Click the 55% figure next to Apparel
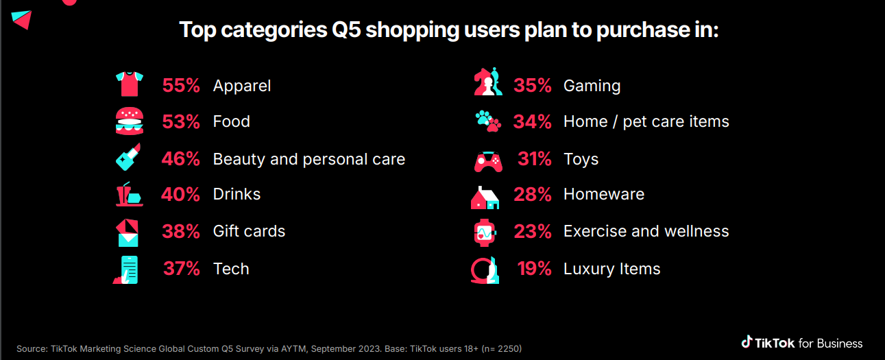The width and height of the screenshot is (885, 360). (181, 86)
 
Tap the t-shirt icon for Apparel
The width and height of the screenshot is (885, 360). (129, 84)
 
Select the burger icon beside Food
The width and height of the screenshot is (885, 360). (129, 121)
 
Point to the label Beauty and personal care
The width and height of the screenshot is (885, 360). (308, 159)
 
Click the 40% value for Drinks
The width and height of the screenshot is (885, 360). (181, 194)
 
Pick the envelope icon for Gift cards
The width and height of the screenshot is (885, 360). (128, 232)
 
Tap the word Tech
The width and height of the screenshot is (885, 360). (231, 269)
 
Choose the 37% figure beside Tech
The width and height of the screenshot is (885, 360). (182, 269)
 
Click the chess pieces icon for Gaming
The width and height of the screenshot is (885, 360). (487, 84)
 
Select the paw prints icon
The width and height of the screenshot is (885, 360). (488, 121)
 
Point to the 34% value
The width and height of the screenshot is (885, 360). (533, 122)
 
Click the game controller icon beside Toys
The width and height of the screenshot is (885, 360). (488, 161)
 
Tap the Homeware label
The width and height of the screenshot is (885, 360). (603, 194)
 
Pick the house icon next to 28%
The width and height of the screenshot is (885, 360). (485, 197)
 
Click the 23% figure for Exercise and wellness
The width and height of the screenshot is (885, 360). (533, 232)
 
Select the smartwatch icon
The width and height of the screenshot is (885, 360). (485, 232)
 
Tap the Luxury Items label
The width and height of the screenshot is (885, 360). (611, 269)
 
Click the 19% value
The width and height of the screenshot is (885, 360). (535, 269)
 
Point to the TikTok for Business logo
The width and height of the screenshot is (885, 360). (801, 343)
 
